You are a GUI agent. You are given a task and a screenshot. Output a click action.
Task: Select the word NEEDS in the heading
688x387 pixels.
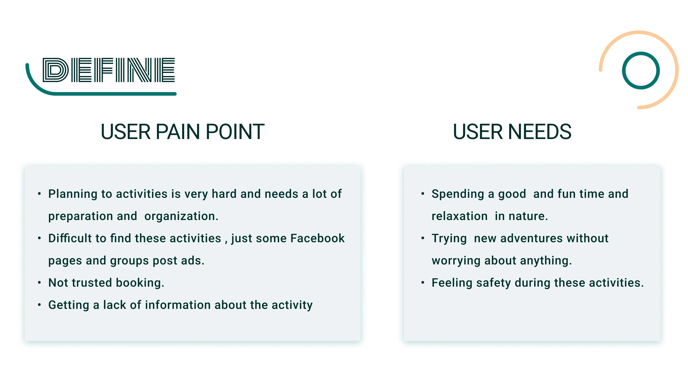click(x=539, y=132)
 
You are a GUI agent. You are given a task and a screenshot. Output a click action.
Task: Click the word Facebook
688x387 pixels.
click(x=317, y=238)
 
